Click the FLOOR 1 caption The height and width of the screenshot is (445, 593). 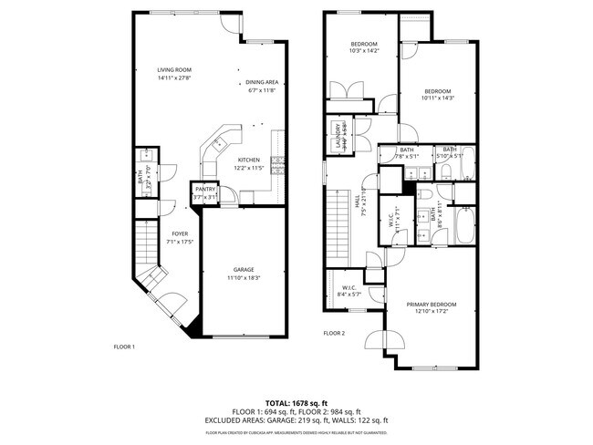click(124, 347)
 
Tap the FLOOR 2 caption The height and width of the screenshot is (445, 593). click(334, 334)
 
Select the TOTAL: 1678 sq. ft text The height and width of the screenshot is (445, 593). click(296, 402)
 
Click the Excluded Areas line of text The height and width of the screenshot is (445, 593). click(296, 420)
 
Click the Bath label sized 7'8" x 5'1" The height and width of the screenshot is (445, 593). click(407, 152)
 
